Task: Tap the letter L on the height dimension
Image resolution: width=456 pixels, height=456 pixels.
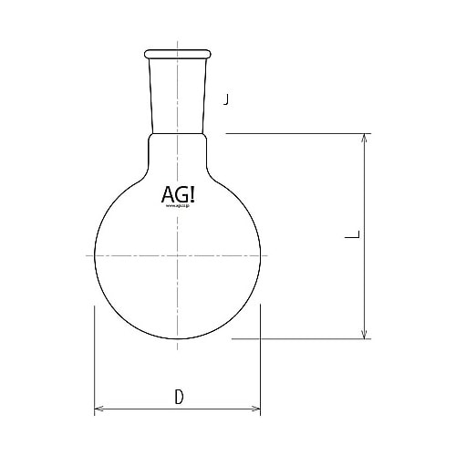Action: [351, 236]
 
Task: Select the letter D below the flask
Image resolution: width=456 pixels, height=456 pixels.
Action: [179, 397]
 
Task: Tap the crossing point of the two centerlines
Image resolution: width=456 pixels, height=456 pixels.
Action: [178, 255]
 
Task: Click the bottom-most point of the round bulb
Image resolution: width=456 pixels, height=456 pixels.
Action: [178, 338]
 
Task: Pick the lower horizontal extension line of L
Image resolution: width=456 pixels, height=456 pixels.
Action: [301, 339]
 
